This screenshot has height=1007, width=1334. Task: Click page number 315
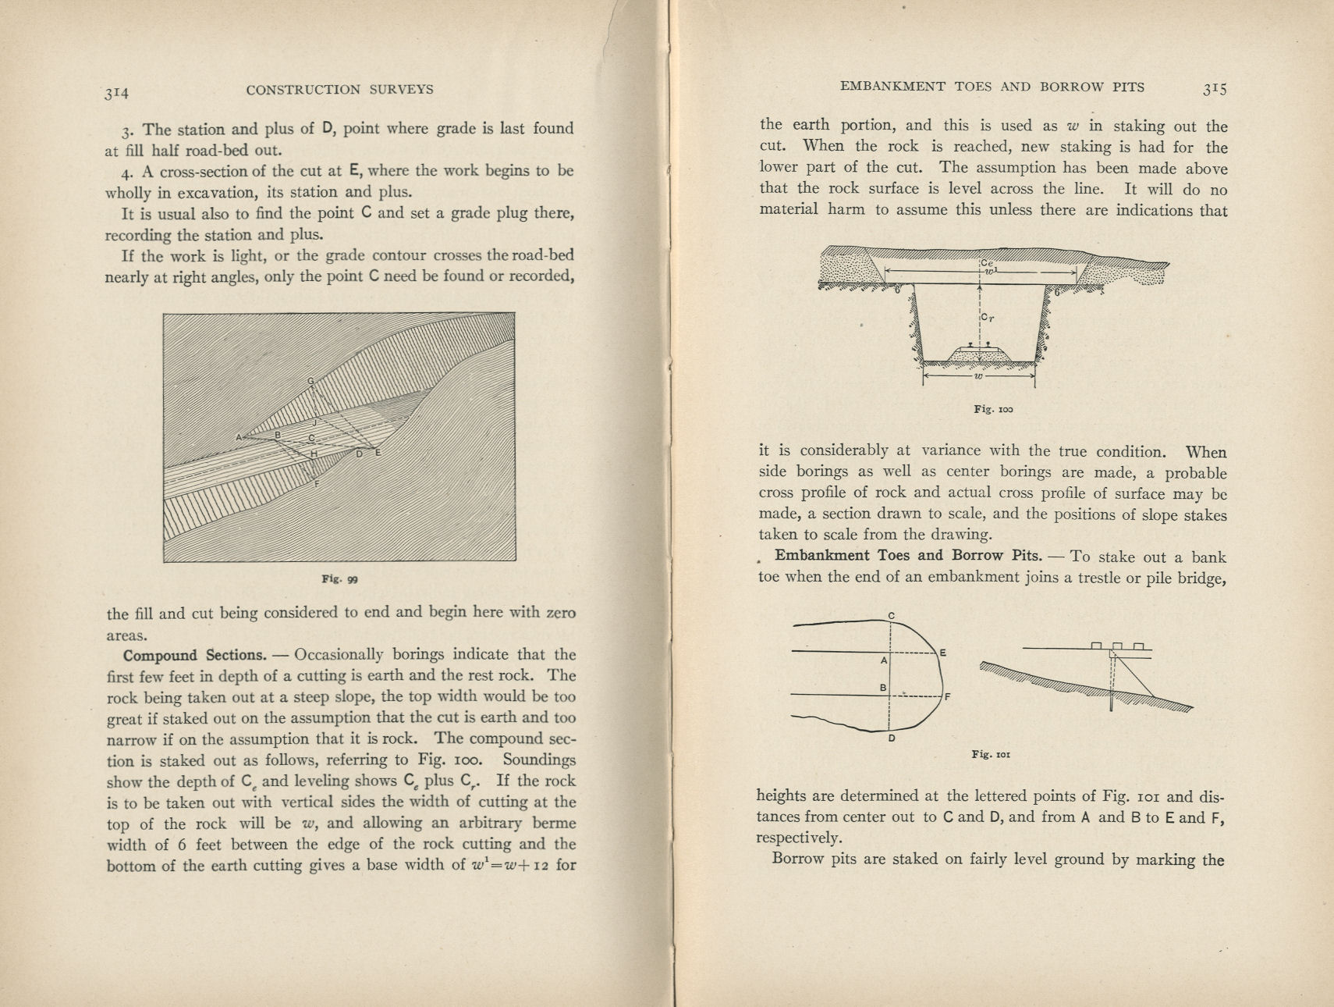click(1214, 89)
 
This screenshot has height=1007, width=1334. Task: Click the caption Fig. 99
click(339, 579)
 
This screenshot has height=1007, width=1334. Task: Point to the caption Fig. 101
click(991, 754)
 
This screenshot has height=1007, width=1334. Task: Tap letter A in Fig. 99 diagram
click(239, 437)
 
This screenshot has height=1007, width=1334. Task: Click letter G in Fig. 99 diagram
click(310, 381)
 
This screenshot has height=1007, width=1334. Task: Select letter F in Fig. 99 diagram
click(316, 484)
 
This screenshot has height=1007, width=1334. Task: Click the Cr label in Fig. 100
click(988, 317)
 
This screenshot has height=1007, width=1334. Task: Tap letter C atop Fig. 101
click(892, 616)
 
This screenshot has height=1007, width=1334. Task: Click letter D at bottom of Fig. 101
click(891, 739)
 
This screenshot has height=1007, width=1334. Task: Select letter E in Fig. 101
click(942, 653)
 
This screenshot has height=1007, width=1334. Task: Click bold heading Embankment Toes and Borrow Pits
click(908, 556)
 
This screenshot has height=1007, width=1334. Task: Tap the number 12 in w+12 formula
click(541, 866)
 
